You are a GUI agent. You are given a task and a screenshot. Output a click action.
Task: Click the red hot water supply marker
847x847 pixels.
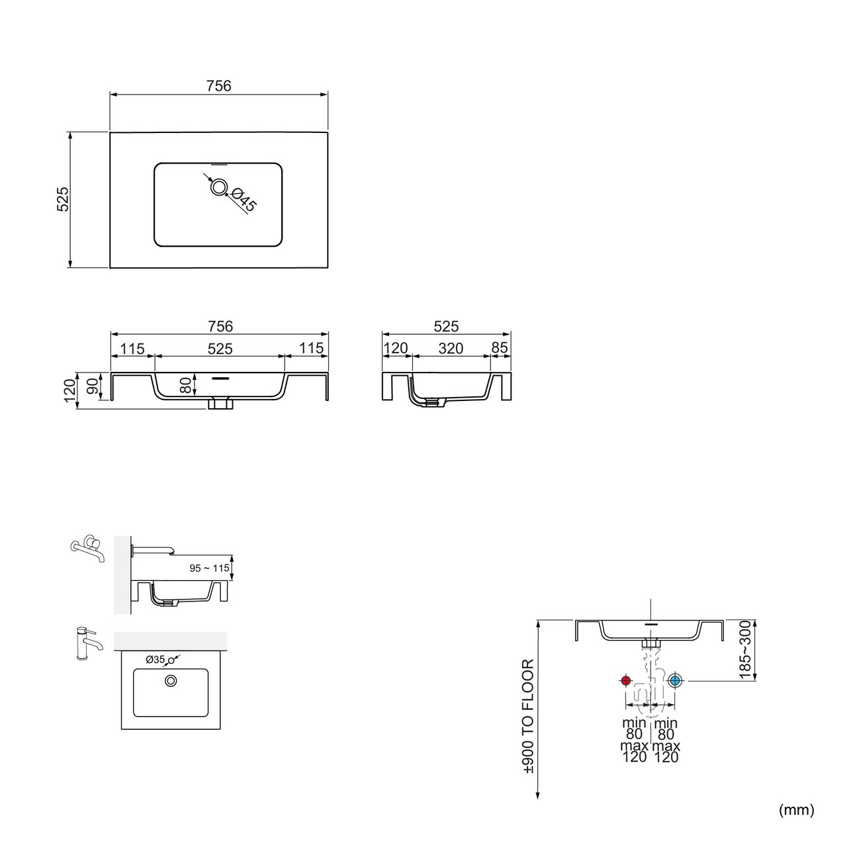(x=625, y=681)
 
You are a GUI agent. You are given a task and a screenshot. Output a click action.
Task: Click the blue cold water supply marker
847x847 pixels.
(x=675, y=681)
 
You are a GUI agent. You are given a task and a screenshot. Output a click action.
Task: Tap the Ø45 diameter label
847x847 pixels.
(x=243, y=200)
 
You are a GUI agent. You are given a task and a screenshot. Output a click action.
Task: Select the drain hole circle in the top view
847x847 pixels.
(x=218, y=188)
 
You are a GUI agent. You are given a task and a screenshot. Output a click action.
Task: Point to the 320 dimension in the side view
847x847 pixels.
(x=451, y=349)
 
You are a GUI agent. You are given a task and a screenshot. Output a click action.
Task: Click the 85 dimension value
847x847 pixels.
(x=500, y=347)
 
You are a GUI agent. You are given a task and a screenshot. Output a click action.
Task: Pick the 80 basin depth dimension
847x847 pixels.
(x=187, y=386)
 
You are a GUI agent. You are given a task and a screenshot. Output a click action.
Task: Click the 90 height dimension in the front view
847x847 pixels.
(x=93, y=386)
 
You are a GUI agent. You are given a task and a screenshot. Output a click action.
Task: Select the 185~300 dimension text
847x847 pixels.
(x=746, y=650)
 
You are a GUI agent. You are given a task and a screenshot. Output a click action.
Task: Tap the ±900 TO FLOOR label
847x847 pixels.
(x=528, y=717)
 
